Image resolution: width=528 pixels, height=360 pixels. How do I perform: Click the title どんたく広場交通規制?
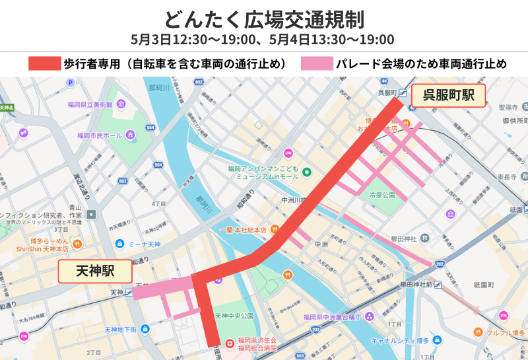tap(263, 18)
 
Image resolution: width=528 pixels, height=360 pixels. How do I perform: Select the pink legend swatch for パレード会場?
tap(315, 64)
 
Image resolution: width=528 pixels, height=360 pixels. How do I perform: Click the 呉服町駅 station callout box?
tap(448, 95)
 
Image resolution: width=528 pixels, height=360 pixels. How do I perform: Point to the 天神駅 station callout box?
tap(95, 271)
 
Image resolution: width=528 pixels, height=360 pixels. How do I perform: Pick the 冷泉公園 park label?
tap(381, 196)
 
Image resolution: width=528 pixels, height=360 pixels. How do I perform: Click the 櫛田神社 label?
tap(403, 238)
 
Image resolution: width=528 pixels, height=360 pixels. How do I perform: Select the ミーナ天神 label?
tap(145, 244)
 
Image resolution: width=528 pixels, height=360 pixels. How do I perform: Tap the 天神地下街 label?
tap(120, 329)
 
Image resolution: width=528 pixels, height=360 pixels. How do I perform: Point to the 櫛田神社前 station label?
tap(416, 284)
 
